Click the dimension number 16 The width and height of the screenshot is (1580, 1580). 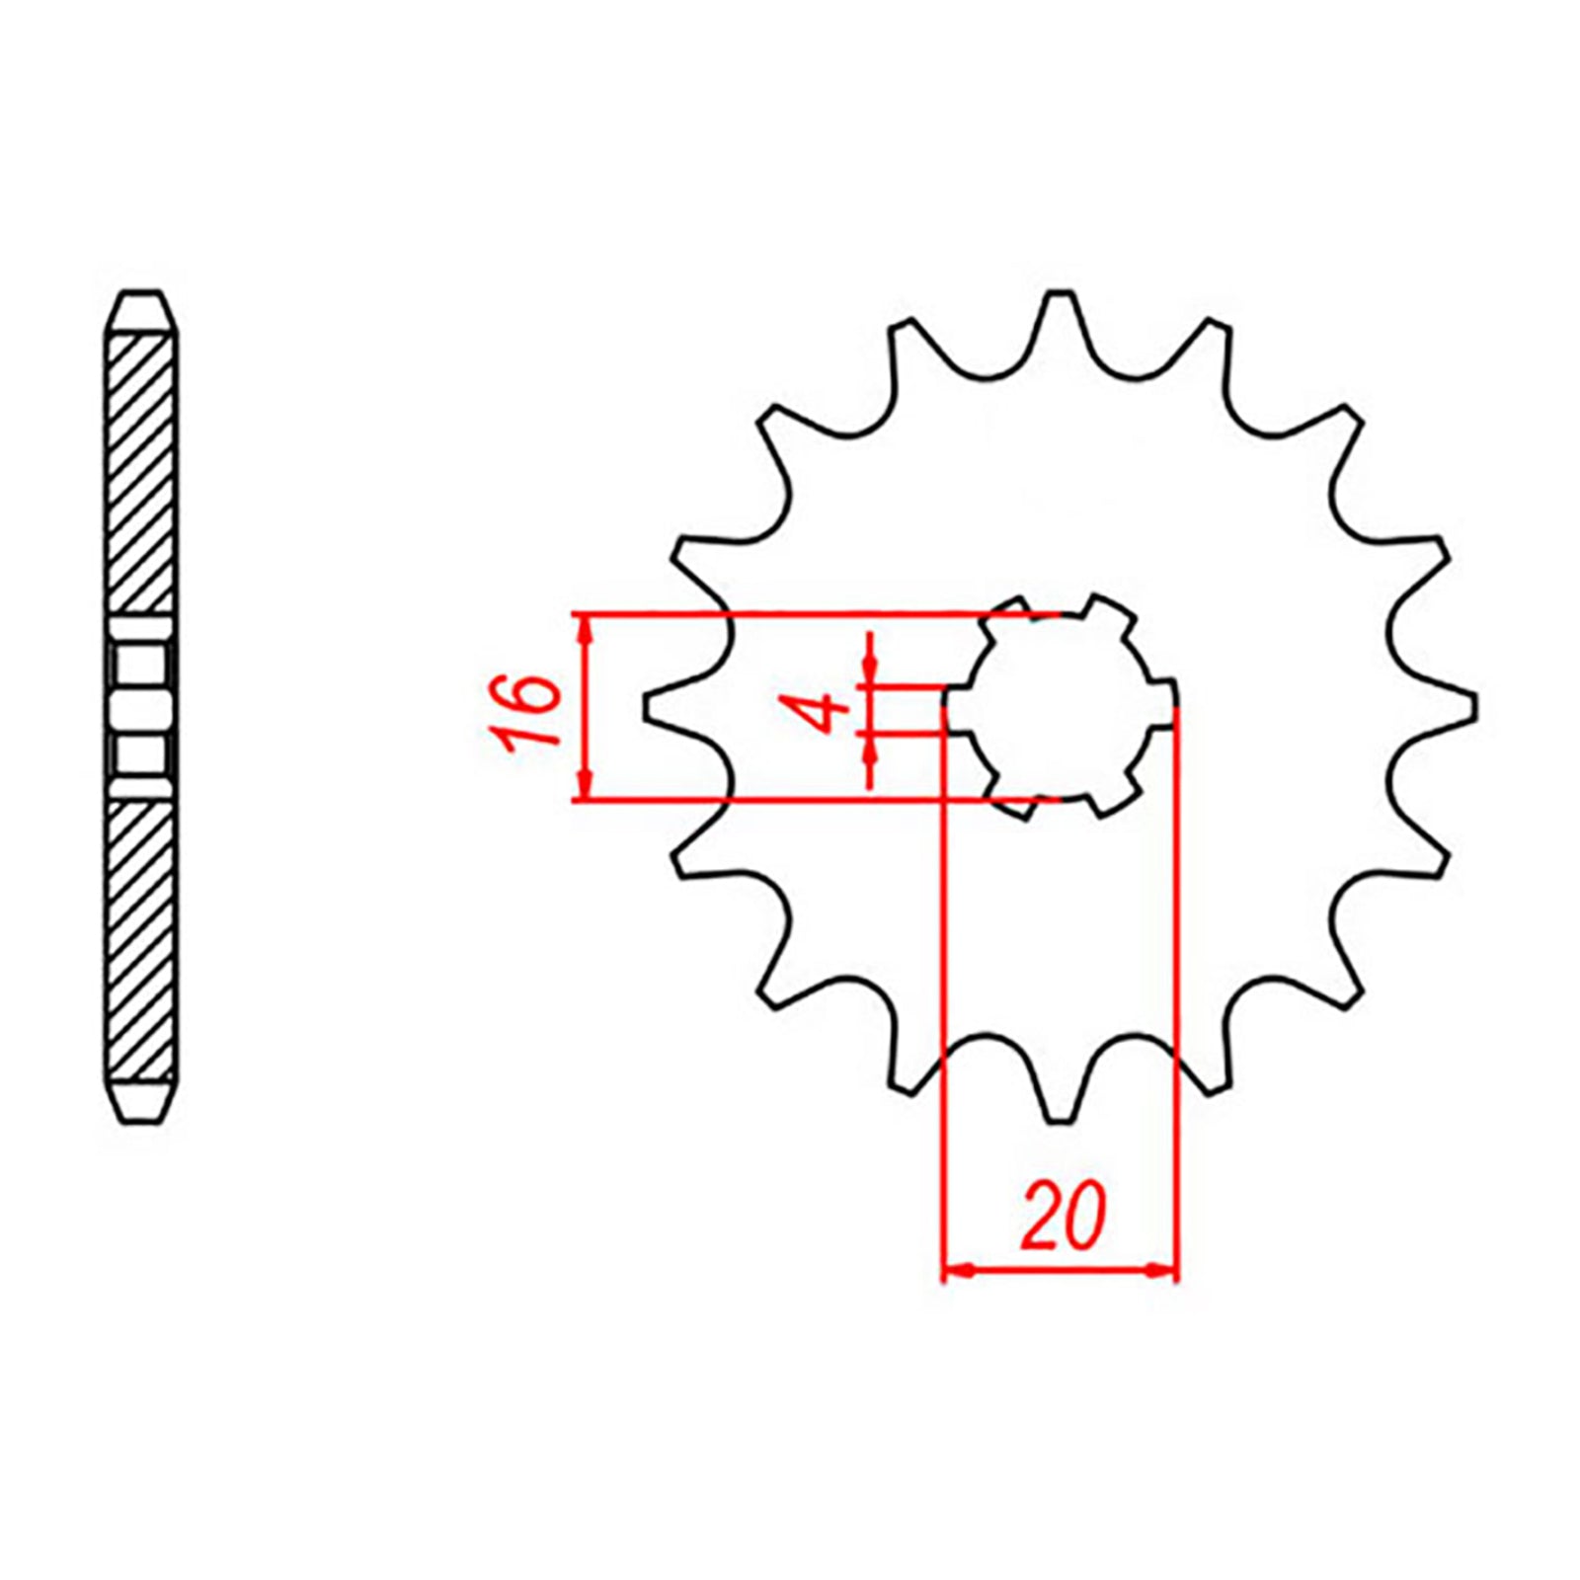coord(529,712)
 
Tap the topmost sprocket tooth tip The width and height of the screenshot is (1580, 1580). coord(1061,294)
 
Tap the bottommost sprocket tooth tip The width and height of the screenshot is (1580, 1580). coord(1059,1121)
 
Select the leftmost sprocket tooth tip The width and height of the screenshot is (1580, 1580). coord(648,707)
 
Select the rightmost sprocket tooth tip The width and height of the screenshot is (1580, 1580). coord(1473,707)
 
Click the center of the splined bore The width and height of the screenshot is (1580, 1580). coord(1061,706)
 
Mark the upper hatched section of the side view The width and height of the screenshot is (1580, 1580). coord(141,474)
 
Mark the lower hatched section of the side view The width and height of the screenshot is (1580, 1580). coord(141,938)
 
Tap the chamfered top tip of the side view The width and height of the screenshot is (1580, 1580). coord(140,296)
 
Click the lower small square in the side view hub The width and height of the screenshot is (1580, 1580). coord(140,755)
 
